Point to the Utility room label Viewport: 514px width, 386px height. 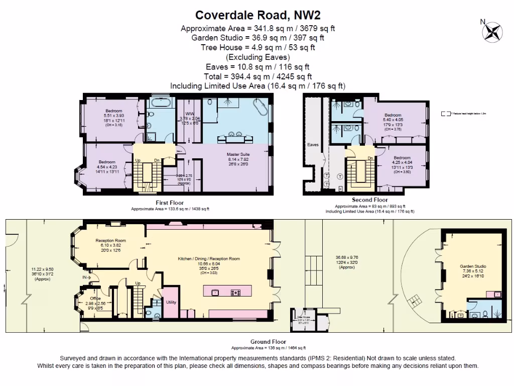tap(171, 302)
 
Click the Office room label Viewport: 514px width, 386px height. tap(88, 298)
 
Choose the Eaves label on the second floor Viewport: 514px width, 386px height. tap(313, 145)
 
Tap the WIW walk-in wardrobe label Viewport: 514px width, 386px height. tap(189, 114)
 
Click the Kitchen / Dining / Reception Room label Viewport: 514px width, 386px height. tap(209, 259)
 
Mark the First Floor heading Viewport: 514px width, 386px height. tap(170, 203)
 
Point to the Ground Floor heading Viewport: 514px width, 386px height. tap(268, 342)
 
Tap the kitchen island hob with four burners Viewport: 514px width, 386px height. tap(235, 292)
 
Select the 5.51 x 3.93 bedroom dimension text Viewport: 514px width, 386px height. tap(113, 116)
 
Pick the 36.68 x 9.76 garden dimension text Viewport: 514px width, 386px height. tap(346, 258)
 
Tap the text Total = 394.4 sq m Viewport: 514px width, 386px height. tap(258, 76)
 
